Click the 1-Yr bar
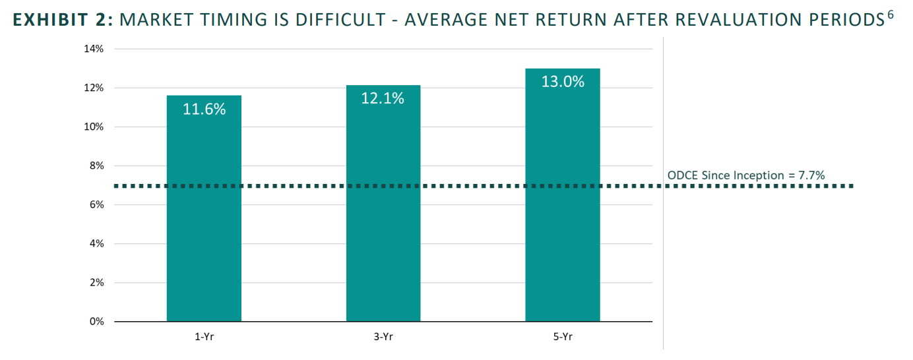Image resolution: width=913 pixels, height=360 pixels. click(204, 208)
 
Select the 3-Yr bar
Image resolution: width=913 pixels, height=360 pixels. click(383, 203)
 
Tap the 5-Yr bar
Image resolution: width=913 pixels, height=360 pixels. click(563, 195)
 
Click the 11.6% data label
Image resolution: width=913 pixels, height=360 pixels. click(204, 109)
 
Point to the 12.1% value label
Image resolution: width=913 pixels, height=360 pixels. click(383, 98)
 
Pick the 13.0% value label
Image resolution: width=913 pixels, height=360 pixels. click(563, 82)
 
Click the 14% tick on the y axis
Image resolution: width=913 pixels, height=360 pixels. click(94, 49)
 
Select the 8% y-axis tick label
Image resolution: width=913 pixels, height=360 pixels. click(96, 165)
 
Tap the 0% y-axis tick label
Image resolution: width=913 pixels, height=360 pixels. click(96, 321)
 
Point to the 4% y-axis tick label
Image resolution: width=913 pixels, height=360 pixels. click(96, 243)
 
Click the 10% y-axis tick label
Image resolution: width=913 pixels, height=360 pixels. click(94, 127)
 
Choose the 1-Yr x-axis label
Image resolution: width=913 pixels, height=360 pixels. click(205, 337)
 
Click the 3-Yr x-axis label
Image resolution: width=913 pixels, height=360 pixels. click(383, 337)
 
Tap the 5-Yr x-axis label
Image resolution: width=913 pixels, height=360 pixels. click(563, 337)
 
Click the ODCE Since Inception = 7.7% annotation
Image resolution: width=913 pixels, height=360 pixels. click(746, 175)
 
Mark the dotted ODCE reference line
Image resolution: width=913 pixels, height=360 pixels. click(484, 186)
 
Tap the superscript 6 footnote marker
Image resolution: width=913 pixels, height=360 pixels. click(890, 15)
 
